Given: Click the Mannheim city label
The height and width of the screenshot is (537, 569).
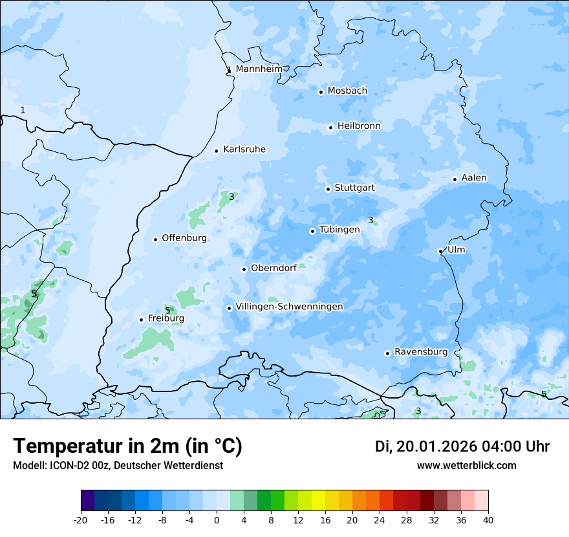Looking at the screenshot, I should click(259, 69).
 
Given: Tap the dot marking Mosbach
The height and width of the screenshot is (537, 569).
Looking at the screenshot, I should click(321, 92).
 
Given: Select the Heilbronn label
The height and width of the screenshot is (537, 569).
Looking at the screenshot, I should click(359, 126).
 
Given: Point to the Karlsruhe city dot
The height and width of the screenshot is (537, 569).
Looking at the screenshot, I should click(216, 151).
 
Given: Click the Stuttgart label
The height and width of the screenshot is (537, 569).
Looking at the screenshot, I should click(354, 188).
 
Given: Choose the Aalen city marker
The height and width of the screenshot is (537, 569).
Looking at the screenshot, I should click(455, 179).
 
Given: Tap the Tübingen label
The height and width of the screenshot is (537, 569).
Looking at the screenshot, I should click(339, 230).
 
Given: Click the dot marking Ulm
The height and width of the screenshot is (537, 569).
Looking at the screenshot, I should click(440, 251).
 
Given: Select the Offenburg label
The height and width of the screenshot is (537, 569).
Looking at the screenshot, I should click(184, 238).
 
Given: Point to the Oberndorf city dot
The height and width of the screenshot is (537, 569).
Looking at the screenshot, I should click(244, 269).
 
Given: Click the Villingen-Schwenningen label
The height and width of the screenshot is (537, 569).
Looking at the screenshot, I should click(289, 307).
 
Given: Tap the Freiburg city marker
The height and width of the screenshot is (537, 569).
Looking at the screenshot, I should click(141, 320).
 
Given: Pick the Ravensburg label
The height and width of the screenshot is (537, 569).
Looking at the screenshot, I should click(421, 352).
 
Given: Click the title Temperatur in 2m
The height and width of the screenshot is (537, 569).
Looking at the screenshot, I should click(127, 446).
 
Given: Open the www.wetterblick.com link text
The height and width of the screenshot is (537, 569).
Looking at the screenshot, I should click(466, 465).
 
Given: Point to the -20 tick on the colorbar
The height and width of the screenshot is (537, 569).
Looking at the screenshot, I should click(81, 519).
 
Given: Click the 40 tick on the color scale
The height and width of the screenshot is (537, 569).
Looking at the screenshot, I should click(488, 519).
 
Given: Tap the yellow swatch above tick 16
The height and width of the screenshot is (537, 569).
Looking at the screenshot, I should click(318, 501).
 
